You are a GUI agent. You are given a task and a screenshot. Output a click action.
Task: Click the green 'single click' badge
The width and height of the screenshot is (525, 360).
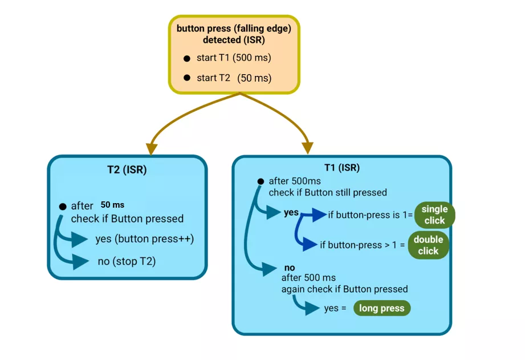[x=434, y=215]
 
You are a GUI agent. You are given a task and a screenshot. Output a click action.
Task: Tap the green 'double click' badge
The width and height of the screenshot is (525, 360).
[x=428, y=245]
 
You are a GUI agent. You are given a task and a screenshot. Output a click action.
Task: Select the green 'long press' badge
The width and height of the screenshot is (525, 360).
[x=381, y=308]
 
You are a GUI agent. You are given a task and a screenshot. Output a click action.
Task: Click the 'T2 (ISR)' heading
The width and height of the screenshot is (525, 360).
[x=127, y=169]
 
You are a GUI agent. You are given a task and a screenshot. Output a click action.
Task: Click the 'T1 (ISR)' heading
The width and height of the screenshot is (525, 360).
[x=341, y=168]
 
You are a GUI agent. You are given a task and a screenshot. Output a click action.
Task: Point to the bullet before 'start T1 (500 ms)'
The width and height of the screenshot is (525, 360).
[x=186, y=59]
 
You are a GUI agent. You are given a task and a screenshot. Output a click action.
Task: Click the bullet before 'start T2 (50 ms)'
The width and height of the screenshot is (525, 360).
[x=186, y=78]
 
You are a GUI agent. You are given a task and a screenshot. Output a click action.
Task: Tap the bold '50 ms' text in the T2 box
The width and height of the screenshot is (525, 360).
[x=112, y=205]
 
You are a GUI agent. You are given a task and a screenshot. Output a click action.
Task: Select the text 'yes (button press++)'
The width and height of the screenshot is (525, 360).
[x=145, y=239]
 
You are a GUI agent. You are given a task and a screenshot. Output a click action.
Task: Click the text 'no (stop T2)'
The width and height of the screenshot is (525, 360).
[x=127, y=262]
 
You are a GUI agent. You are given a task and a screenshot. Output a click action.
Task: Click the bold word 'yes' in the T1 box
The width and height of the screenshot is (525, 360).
[x=291, y=212]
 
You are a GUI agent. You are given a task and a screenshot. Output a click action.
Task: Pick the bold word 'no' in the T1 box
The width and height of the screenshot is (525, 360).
[x=289, y=268]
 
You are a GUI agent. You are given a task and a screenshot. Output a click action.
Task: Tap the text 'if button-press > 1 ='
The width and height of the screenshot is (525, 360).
[x=363, y=245]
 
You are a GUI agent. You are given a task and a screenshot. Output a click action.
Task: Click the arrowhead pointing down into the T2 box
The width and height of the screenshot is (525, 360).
[x=152, y=148]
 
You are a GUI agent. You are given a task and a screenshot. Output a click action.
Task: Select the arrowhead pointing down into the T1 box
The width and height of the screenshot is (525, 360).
[x=308, y=148]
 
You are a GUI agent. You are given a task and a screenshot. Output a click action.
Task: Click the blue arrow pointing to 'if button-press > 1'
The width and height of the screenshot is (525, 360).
[x=309, y=245]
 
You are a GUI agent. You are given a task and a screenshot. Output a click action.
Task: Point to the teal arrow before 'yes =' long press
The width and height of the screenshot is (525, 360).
[x=311, y=308]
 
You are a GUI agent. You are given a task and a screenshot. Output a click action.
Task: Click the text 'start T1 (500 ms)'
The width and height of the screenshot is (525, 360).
[x=234, y=59]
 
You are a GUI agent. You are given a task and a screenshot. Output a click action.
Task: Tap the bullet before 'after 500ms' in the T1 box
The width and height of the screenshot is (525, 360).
[x=261, y=181]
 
